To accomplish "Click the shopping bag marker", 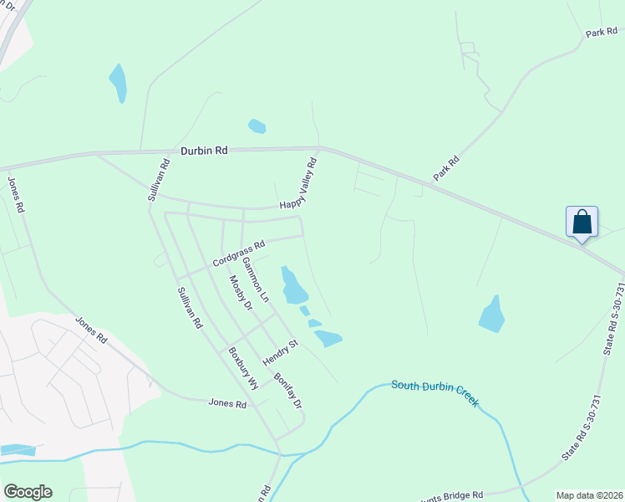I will [582, 223].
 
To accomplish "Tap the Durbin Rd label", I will [204, 151].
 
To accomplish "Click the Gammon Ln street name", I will [255, 279].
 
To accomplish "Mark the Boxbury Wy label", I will [241, 368].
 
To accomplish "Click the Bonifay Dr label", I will [287, 389].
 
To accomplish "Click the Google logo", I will [28, 492].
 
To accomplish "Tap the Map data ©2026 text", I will [588, 495].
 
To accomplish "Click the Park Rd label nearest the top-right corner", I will [600, 33].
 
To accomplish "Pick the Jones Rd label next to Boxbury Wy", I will [228, 403].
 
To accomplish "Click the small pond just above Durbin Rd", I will [257, 126].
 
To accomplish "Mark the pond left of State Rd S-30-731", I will [492, 314].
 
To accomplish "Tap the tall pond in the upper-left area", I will [118, 82].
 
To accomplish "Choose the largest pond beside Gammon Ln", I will [293, 286].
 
